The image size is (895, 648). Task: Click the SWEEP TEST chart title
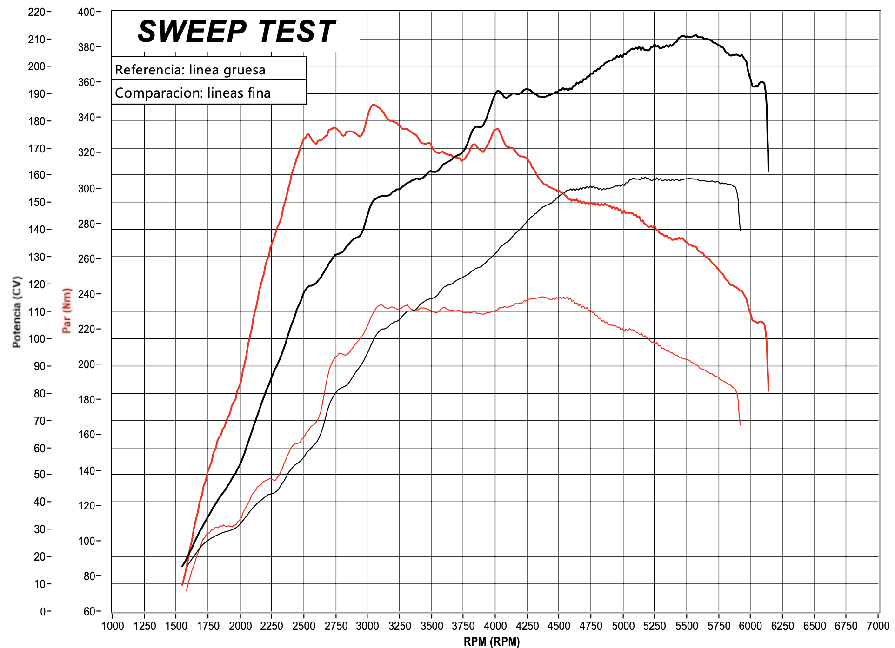point(236,32)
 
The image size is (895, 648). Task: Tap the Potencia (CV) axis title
point(17,312)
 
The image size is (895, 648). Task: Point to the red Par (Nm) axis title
point(67,311)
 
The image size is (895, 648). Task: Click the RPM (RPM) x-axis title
point(492,641)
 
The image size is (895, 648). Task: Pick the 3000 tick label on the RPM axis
point(367,626)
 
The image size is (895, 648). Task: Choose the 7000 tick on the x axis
point(878,626)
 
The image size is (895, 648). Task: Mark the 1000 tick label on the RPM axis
point(113,626)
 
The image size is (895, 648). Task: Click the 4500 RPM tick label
point(559,626)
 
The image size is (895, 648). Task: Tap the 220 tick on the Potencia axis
point(37,12)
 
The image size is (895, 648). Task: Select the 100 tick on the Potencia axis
point(37,339)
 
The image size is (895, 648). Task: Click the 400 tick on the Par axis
point(87,12)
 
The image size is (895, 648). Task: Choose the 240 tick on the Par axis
point(87,294)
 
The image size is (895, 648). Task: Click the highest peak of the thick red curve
point(374,105)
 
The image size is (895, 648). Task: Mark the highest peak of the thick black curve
point(695,35)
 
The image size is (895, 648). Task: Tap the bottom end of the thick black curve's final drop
point(768,171)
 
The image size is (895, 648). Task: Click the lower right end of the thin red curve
point(740,424)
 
